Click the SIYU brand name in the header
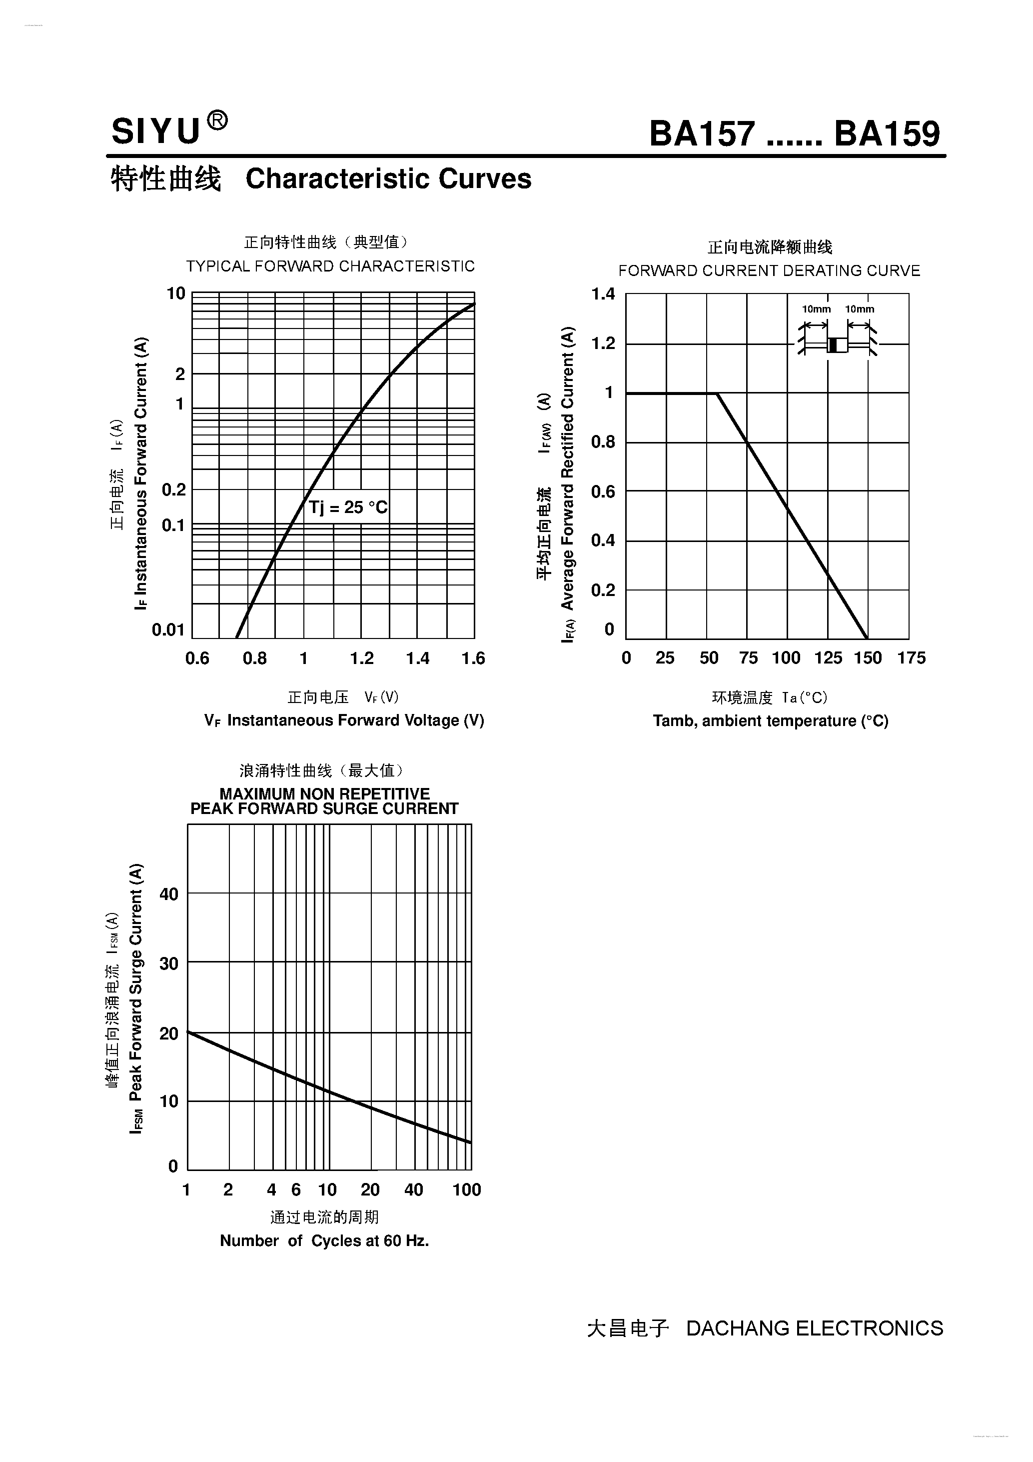[x=156, y=132]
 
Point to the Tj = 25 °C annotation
[x=347, y=507]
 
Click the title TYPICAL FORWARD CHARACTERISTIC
[x=330, y=266]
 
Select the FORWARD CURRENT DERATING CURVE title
[x=769, y=270]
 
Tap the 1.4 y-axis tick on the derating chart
[x=603, y=294]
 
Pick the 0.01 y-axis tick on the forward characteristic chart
[x=168, y=630]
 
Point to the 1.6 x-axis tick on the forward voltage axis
[x=473, y=658]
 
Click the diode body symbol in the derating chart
[x=837, y=345]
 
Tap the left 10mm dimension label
[x=816, y=309]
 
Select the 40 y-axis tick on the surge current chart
[x=168, y=894]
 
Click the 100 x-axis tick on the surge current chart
[x=467, y=1189]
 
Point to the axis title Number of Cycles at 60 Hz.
[x=324, y=1240]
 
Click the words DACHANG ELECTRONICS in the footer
[x=814, y=1328]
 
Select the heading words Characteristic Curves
[x=388, y=179]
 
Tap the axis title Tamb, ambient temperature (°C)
[x=770, y=721]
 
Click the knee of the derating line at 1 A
[x=717, y=393]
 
